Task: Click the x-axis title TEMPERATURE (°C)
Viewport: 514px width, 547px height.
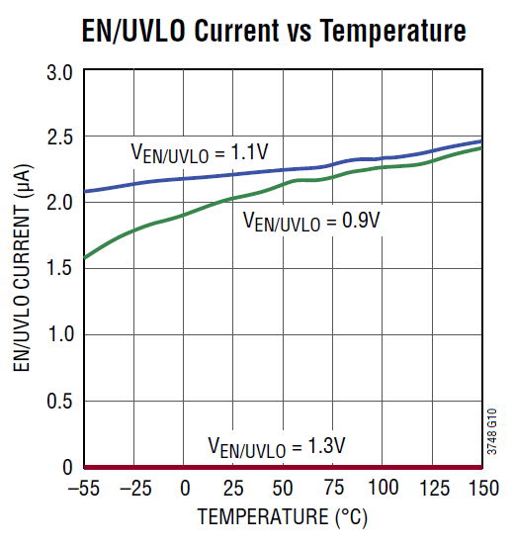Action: click(283, 516)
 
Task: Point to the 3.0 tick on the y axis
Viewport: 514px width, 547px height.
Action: click(60, 72)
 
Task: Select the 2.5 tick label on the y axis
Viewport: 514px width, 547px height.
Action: click(60, 137)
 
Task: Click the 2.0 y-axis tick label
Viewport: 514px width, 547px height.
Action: click(60, 203)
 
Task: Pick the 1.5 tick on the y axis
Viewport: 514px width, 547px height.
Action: click(60, 269)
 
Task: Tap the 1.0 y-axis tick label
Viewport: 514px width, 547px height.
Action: click(60, 334)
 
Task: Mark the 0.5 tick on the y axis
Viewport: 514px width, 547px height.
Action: click(60, 401)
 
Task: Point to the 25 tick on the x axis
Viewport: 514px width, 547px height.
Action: click(233, 489)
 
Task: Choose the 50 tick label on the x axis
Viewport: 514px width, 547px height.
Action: click(283, 489)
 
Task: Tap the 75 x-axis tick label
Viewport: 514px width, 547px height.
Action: click(332, 489)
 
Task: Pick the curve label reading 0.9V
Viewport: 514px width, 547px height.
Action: click(311, 222)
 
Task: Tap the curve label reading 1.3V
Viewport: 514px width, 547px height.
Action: click(276, 446)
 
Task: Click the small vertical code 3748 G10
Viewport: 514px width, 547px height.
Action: click(493, 433)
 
